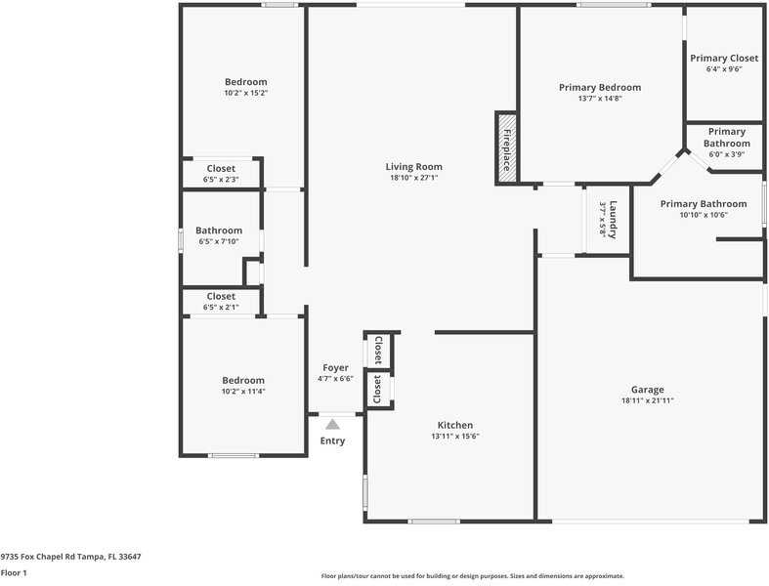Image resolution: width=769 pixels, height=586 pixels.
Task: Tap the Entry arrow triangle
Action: click(332, 425)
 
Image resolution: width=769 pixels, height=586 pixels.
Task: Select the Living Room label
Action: click(413, 167)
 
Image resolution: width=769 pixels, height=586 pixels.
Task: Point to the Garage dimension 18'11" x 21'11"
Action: click(647, 400)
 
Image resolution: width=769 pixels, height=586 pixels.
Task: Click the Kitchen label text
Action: click(454, 425)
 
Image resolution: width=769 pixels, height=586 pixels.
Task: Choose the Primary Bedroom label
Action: click(600, 87)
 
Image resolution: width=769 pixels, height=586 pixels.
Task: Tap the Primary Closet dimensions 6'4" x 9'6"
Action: click(724, 69)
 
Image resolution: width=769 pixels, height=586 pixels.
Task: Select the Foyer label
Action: click(335, 368)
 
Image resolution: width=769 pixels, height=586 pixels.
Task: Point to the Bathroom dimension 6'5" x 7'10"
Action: click(219, 241)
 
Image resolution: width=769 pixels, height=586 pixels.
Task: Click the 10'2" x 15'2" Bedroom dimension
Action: click(245, 93)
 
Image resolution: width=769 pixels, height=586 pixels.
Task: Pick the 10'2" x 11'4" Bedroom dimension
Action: click(243, 392)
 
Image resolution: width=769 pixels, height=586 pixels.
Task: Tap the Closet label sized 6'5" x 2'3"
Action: click(221, 168)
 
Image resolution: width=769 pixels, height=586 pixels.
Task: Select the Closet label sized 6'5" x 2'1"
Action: click(221, 296)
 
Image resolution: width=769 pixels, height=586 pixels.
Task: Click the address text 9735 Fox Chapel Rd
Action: click(70, 556)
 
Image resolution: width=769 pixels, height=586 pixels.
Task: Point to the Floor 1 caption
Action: click(14, 572)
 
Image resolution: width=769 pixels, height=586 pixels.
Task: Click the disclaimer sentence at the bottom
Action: click(473, 576)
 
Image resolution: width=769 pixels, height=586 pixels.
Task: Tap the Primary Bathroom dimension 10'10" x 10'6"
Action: click(703, 215)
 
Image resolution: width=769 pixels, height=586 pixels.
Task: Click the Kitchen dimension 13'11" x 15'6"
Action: click(454, 437)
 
